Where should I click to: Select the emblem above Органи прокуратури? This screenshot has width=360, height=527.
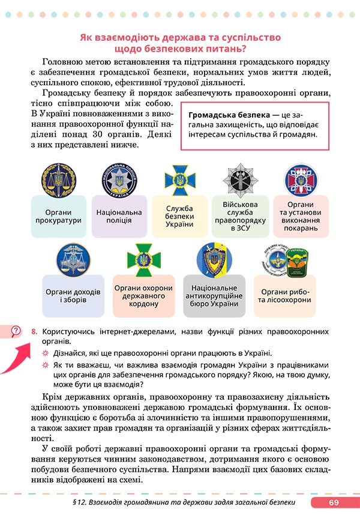pyautogui.click(x=59, y=181)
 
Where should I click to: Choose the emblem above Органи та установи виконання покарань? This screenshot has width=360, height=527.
pyautogui.click(x=301, y=179)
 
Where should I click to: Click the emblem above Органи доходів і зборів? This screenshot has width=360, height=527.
pyautogui.click(x=73, y=260)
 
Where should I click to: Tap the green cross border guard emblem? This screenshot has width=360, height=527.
pyautogui.click(x=143, y=260)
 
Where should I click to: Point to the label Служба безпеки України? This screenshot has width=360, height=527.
pyautogui.click(x=179, y=217)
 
